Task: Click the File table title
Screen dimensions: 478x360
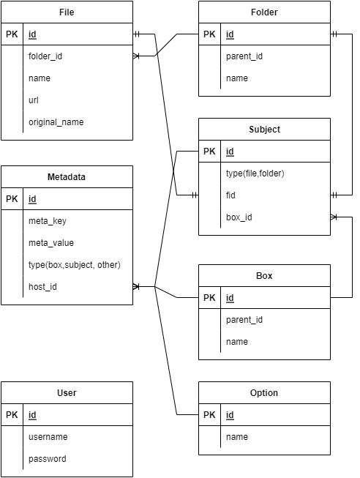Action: (x=67, y=12)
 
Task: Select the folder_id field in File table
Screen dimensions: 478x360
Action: (x=45, y=56)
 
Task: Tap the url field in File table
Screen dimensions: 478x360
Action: (x=34, y=100)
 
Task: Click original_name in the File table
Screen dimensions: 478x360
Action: (x=56, y=122)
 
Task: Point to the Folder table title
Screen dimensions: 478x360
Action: (x=264, y=12)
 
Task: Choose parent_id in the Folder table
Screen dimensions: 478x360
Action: (x=244, y=56)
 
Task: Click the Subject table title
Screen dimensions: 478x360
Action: (x=264, y=130)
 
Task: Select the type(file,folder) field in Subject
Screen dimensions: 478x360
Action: (x=255, y=173)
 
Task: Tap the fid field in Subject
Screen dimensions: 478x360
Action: (x=230, y=195)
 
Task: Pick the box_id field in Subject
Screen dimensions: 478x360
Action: (x=239, y=217)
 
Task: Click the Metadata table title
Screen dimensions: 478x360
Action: (x=67, y=177)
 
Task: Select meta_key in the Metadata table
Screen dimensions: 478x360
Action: (x=48, y=221)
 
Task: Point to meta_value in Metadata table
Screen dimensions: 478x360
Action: (x=50, y=243)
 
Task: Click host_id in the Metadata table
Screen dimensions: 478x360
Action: (x=43, y=287)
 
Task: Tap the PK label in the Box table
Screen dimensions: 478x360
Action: (x=209, y=298)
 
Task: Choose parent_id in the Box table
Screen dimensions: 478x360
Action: (x=244, y=320)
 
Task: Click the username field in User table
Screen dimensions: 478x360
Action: (x=48, y=437)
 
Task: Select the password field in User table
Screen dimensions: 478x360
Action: (x=48, y=459)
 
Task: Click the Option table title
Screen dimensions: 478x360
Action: (x=264, y=393)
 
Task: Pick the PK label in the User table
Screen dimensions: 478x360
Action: (x=12, y=415)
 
